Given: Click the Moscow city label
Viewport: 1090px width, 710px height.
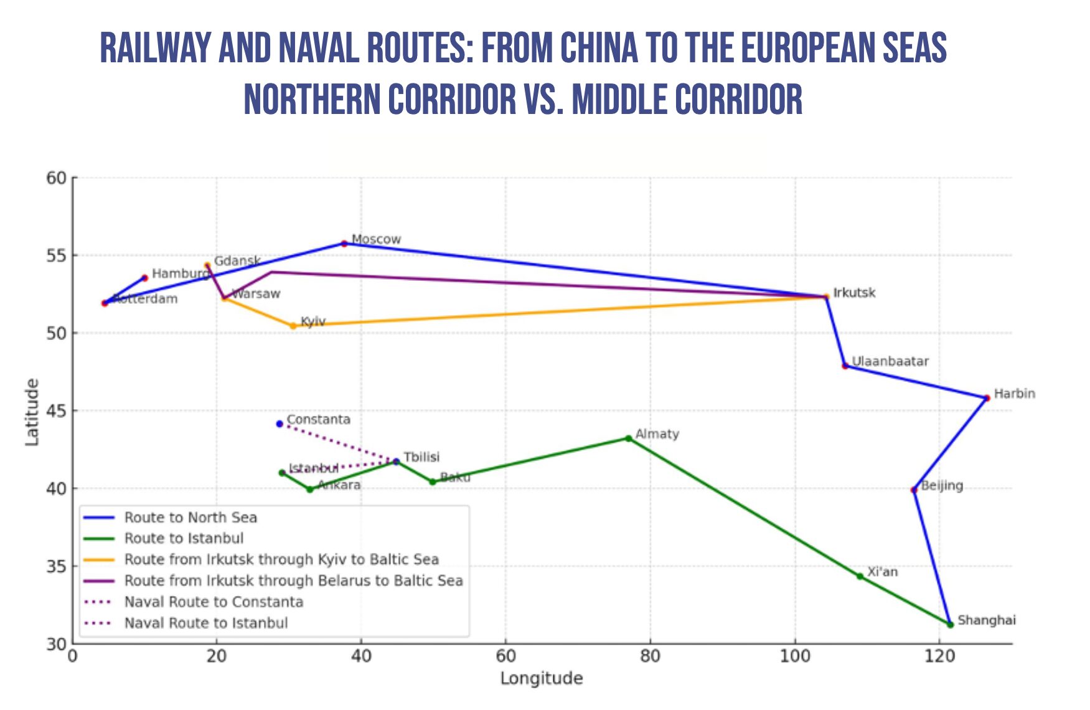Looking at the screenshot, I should pyautogui.click(x=376, y=239).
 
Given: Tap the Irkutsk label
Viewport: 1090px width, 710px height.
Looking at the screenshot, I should pyautogui.click(x=854, y=293).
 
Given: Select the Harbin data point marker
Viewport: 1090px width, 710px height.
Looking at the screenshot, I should pyautogui.click(x=987, y=398).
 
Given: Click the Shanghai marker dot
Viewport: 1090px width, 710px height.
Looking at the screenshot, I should pyautogui.click(x=950, y=624).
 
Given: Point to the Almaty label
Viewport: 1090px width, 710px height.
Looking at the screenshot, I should pyautogui.click(x=657, y=434).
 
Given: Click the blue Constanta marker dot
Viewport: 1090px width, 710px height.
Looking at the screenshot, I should pyautogui.click(x=280, y=424).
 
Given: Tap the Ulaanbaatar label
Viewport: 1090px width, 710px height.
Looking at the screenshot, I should pyautogui.click(x=890, y=361).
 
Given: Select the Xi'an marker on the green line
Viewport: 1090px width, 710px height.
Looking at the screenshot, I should pyautogui.click(x=860, y=576).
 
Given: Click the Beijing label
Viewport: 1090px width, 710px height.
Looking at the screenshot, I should pyautogui.click(x=942, y=486).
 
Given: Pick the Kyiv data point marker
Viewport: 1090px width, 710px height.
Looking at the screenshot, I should pyautogui.click(x=293, y=326).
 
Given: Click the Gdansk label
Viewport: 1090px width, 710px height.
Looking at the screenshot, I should pyautogui.click(x=237, y=261).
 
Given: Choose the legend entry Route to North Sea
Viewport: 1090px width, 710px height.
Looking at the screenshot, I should pyautogui.click(x=190, y=518).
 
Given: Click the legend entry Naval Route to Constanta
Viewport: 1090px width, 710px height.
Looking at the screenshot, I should pyautogui.click(x=214, y=602).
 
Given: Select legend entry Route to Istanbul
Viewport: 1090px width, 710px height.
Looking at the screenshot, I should pyautogui.click(x=184, y=538).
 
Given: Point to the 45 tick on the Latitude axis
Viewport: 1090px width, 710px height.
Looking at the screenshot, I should pyautogui.click(x=56, y=411).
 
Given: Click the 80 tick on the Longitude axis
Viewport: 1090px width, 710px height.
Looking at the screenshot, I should pyautogui.click(x=650, y=656).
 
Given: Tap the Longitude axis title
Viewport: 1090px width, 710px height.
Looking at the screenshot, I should pyautogui.click(x=542, y=678).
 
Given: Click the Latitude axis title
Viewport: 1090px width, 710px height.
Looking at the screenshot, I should pyautogui.click(x=32, y=412).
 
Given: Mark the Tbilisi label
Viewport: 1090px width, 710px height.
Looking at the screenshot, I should pyautogui.click(x=421, y=457).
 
